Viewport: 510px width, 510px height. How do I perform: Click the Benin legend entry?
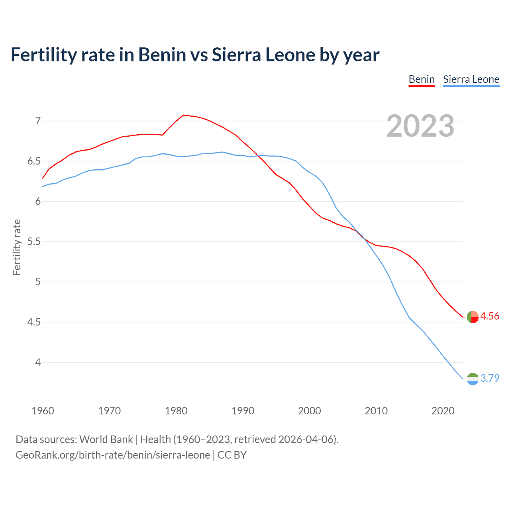(x=422, y=79)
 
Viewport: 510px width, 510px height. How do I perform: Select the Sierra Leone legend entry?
(x=471, y=79)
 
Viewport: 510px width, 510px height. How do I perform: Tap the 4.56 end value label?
(x=490, y=316)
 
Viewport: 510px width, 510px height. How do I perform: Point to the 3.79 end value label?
(x=490, y=378)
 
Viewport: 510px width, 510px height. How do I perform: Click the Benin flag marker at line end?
(x=473, y=317)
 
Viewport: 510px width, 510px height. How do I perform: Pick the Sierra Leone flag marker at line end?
(x=473, y=379)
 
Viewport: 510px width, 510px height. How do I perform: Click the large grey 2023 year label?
(x=420, y=126)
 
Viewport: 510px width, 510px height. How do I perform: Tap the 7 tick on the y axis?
(x=38, y=121)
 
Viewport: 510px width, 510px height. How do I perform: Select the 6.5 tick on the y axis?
(x=34, y=161)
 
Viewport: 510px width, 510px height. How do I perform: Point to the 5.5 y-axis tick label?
(x=34, y=242)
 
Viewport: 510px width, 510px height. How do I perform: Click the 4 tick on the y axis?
(x=38, y=363)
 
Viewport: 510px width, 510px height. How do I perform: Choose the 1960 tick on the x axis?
(x=43, y=411)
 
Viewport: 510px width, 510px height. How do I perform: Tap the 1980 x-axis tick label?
(x=176, y=411)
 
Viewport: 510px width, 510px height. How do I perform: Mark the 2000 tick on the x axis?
(x=310, y=411)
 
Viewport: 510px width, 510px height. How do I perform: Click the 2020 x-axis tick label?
(x=443, y=411)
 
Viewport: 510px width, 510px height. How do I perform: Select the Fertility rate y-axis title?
(x=17, y=247)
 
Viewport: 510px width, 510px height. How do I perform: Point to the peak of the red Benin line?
(x=184, y=116)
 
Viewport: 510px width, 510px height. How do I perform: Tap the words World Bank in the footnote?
(x=106, y=439)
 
